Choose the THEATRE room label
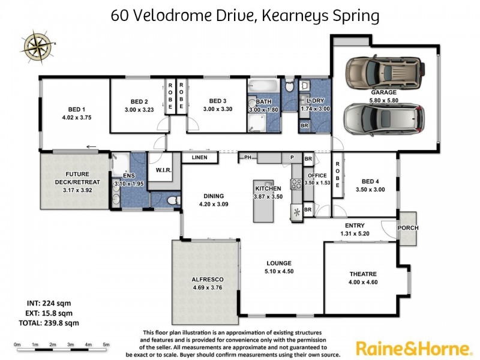pos(364,274)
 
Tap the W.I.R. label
pos(164,170)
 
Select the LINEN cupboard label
pos(199,158)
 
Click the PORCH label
pos(408,228)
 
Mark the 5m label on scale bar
pos(106,344)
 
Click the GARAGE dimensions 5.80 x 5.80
pos(384,101)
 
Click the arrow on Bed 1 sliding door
pos(91,146)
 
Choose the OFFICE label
pos(317,176)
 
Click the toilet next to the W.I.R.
pos(170,200)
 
